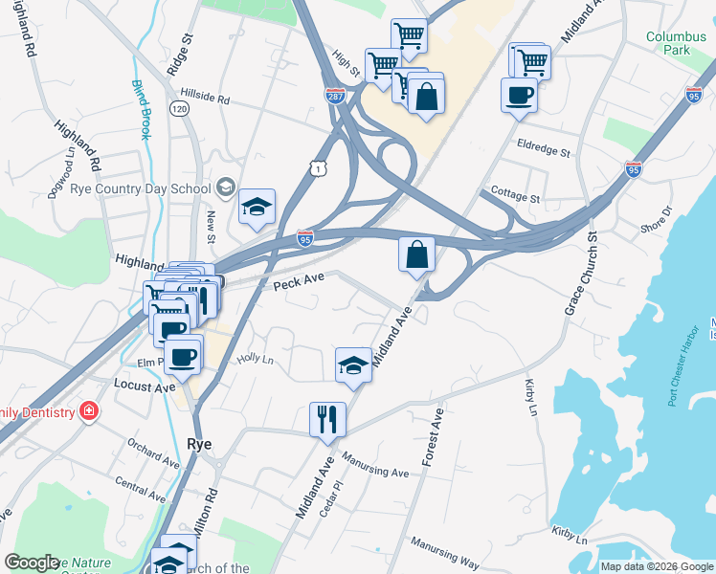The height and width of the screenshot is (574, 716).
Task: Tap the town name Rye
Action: [198, 445]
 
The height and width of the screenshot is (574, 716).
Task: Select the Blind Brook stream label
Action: [141, 109]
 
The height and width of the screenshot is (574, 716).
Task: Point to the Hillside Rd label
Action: [205, 99]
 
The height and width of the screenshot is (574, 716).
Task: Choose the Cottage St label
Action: [515, 195]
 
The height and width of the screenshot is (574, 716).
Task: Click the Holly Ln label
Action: [256, 360]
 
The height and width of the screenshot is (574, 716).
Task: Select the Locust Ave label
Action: [145, 386]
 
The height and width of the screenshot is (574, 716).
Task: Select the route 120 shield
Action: [179, 110]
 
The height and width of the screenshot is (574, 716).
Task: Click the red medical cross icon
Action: [89, 411]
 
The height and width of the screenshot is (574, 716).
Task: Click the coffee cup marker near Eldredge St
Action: [519, 96]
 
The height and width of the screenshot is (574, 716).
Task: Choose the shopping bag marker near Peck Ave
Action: [416, 255]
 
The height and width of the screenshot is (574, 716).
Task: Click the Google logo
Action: [32, 563]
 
